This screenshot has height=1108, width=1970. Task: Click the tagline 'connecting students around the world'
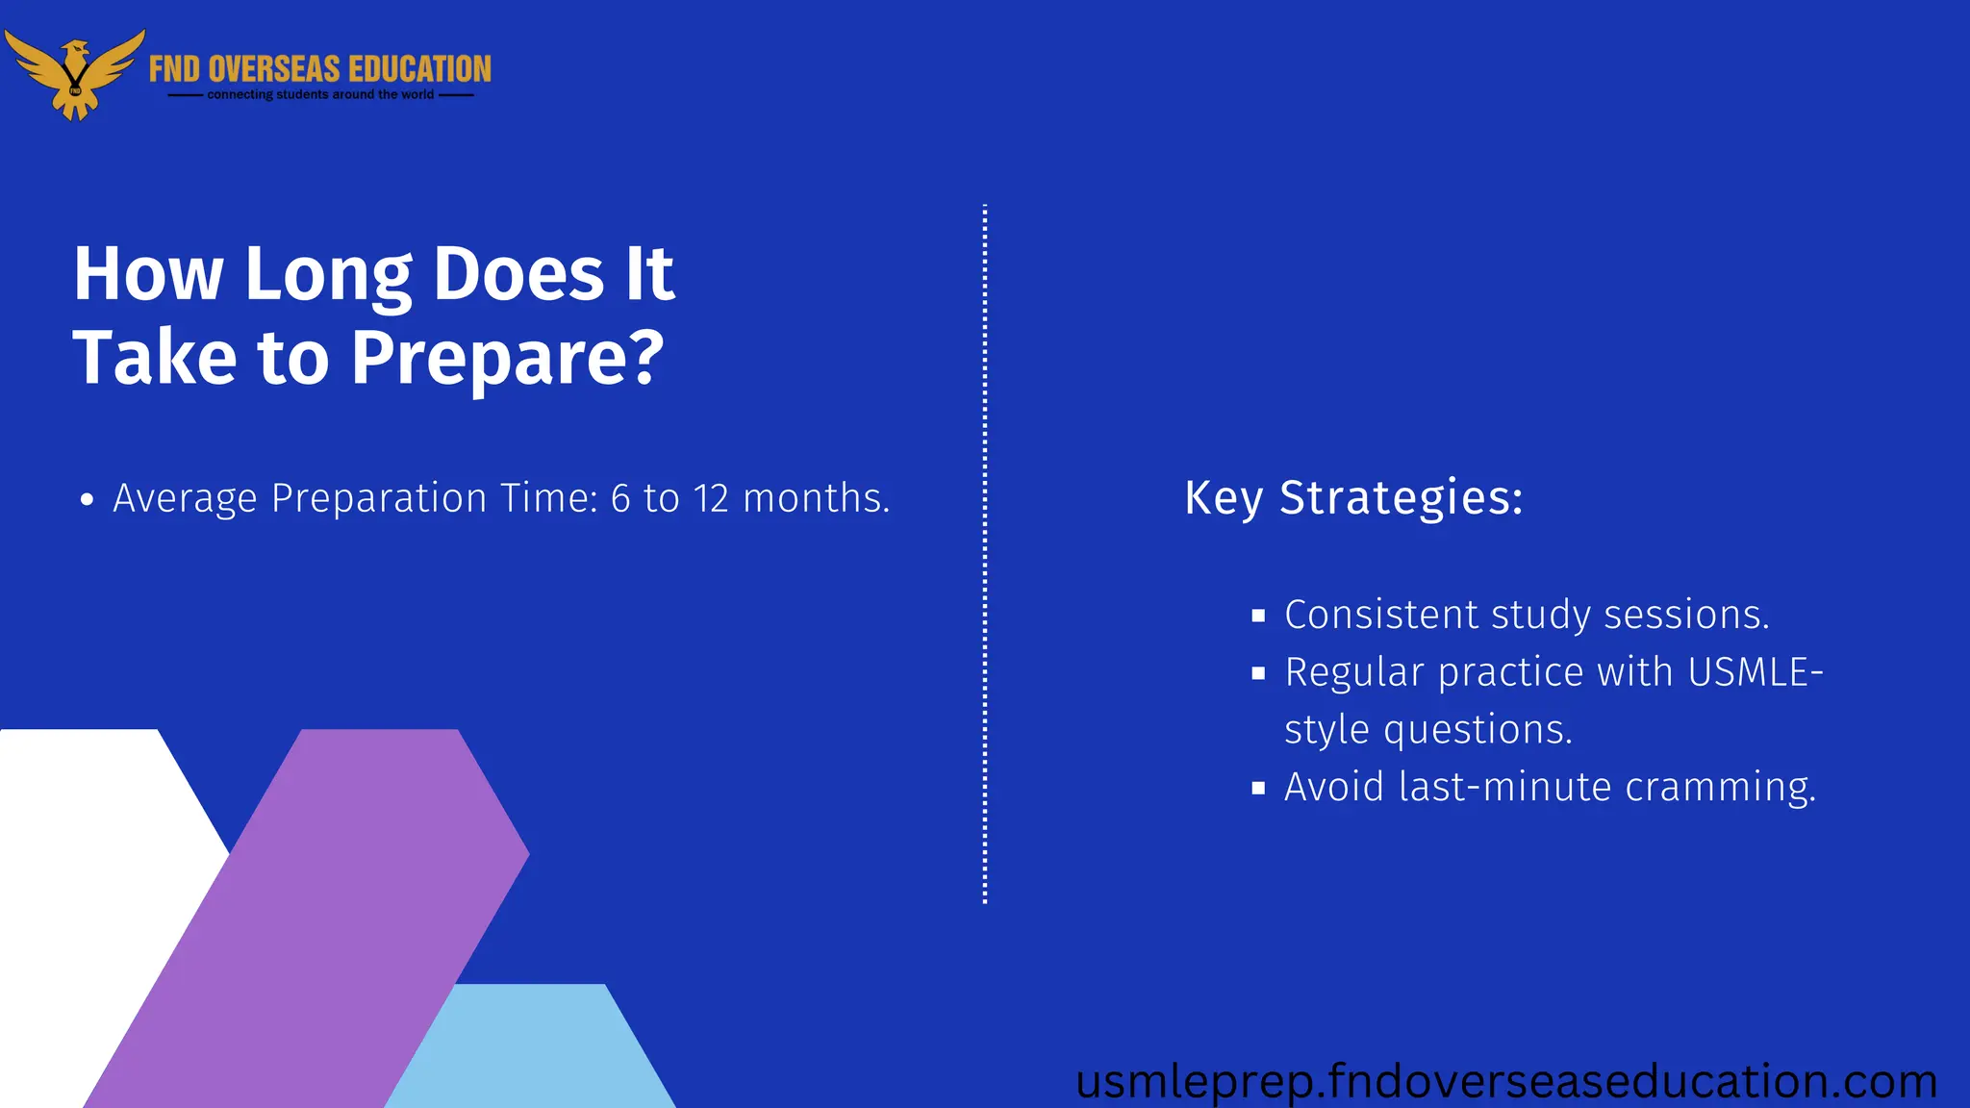point(320,95)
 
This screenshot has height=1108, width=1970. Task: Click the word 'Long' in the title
point(328,275)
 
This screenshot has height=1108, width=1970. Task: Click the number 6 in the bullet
point(620,498)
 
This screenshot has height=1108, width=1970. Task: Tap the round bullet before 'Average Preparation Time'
point(88,500)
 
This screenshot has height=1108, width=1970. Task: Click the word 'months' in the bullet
point(813,498)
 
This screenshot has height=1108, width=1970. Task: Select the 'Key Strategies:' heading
point(1353,498)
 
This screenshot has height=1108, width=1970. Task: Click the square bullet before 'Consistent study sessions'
point(1258,617)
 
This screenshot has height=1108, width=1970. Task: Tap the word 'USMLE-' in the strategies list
point(1755,672)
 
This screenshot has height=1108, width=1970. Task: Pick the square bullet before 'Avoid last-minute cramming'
point(1258,789)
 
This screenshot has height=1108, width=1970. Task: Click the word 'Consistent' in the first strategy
point(1380,615)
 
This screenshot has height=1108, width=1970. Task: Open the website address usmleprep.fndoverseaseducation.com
point(1505,1081)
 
